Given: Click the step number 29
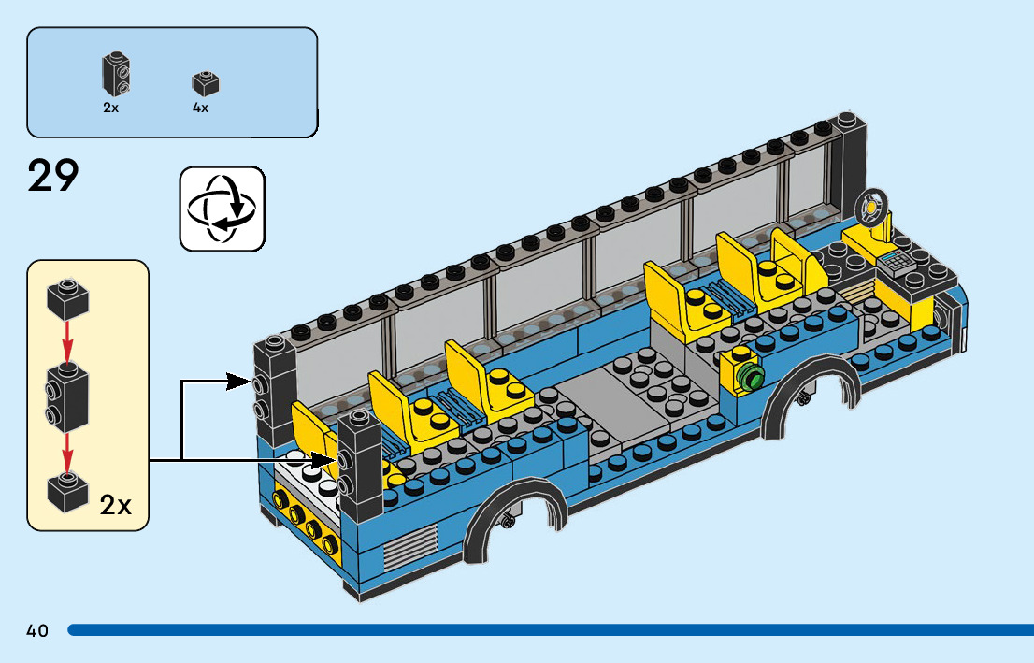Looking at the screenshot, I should tap(54, 176).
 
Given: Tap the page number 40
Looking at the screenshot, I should tap(37, 630).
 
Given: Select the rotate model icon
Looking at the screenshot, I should tap(222, 209).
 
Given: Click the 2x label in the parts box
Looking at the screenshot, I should tap(111, 108).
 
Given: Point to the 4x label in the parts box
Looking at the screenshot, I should tap(201, 108).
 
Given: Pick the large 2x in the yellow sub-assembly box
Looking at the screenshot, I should tap(116, 506).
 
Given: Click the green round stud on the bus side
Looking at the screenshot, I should tap(749, 377).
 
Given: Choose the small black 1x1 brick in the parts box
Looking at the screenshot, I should tap(205, 83).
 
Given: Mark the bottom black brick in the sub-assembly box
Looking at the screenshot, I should tap(67, 489).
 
